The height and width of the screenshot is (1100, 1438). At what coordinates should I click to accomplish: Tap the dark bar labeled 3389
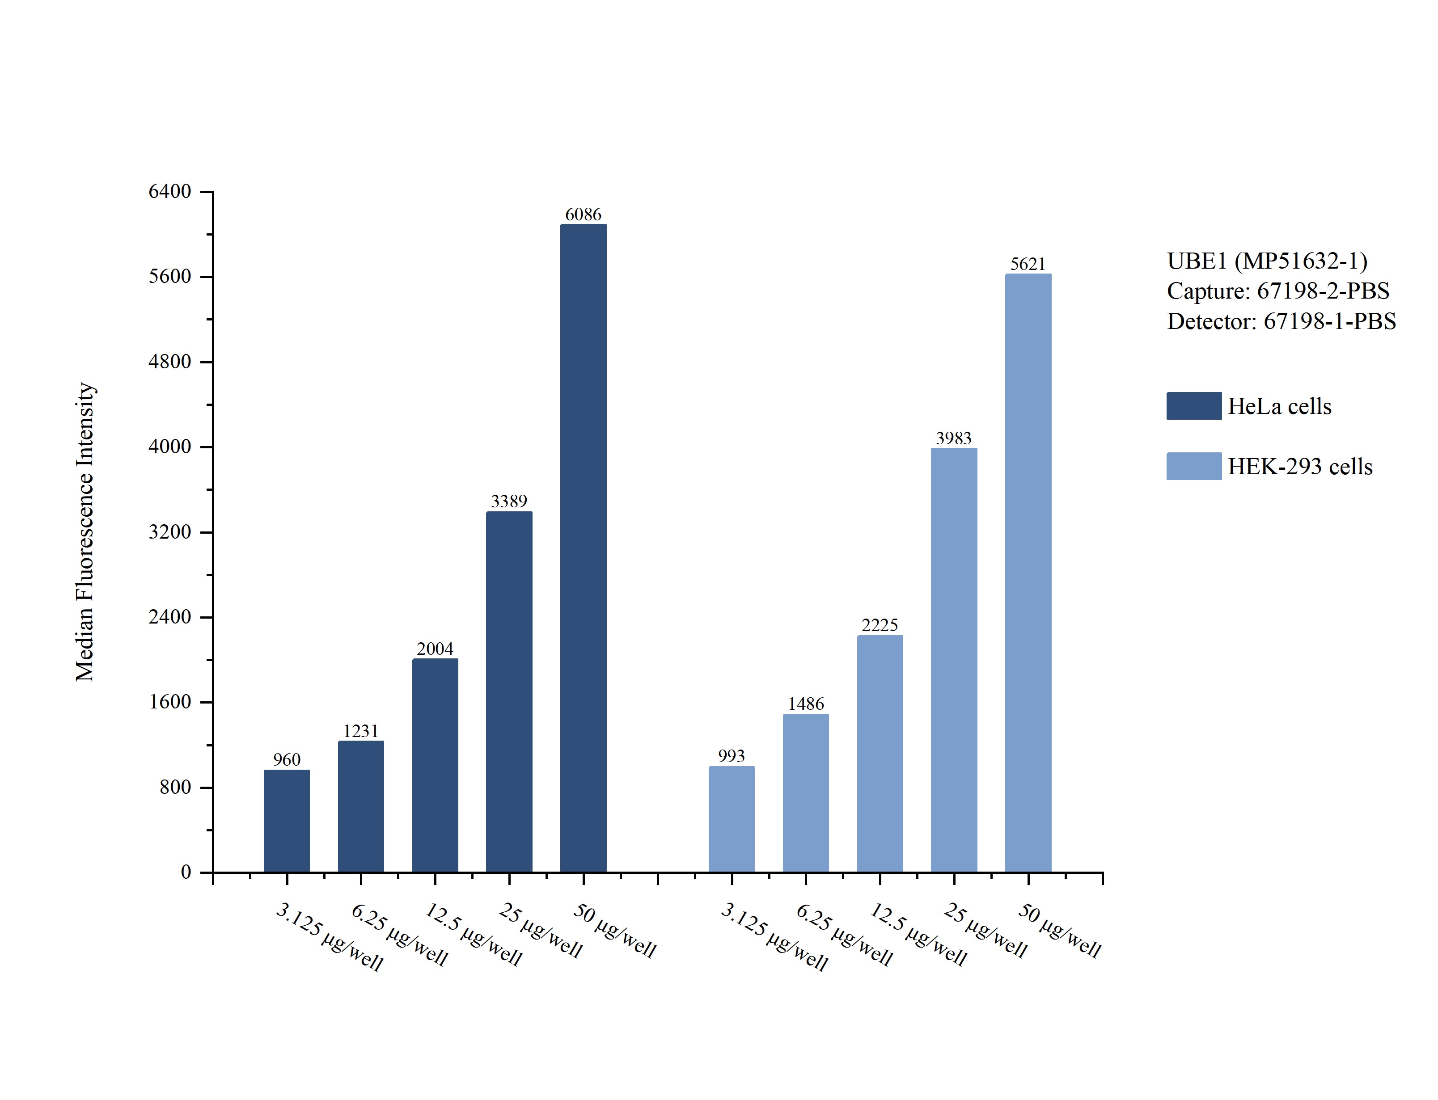[x=509, y=691]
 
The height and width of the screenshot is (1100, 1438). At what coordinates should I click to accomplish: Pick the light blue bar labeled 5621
[x=1028, y=573]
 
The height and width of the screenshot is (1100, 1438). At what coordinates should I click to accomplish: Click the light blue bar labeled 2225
[x=880, y=753]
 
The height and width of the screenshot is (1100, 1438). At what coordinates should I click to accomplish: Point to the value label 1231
[x=361, y=731]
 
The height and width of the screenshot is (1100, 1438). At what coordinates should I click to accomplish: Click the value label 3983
[x=953, y=438]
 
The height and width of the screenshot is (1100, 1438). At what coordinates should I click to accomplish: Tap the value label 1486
[x=805, y=704]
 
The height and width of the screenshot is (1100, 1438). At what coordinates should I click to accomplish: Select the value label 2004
[x=435, y=649]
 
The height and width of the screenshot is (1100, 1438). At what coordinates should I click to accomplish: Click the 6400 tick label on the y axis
[x=169, y=191]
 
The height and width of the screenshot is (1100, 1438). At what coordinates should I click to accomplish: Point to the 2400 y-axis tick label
[x=169, y=617]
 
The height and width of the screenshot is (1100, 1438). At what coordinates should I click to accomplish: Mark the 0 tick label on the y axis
[x=186, y=872]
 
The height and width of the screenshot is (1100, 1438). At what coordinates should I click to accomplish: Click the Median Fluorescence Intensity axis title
[x=85, y=531]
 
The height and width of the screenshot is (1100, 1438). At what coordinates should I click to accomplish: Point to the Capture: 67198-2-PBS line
[x=1277, y=291]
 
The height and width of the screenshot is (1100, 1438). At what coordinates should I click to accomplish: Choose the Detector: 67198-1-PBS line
[x=1281, y=321]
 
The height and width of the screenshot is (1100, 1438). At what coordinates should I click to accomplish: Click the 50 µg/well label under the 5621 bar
[x=1059, y=931]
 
